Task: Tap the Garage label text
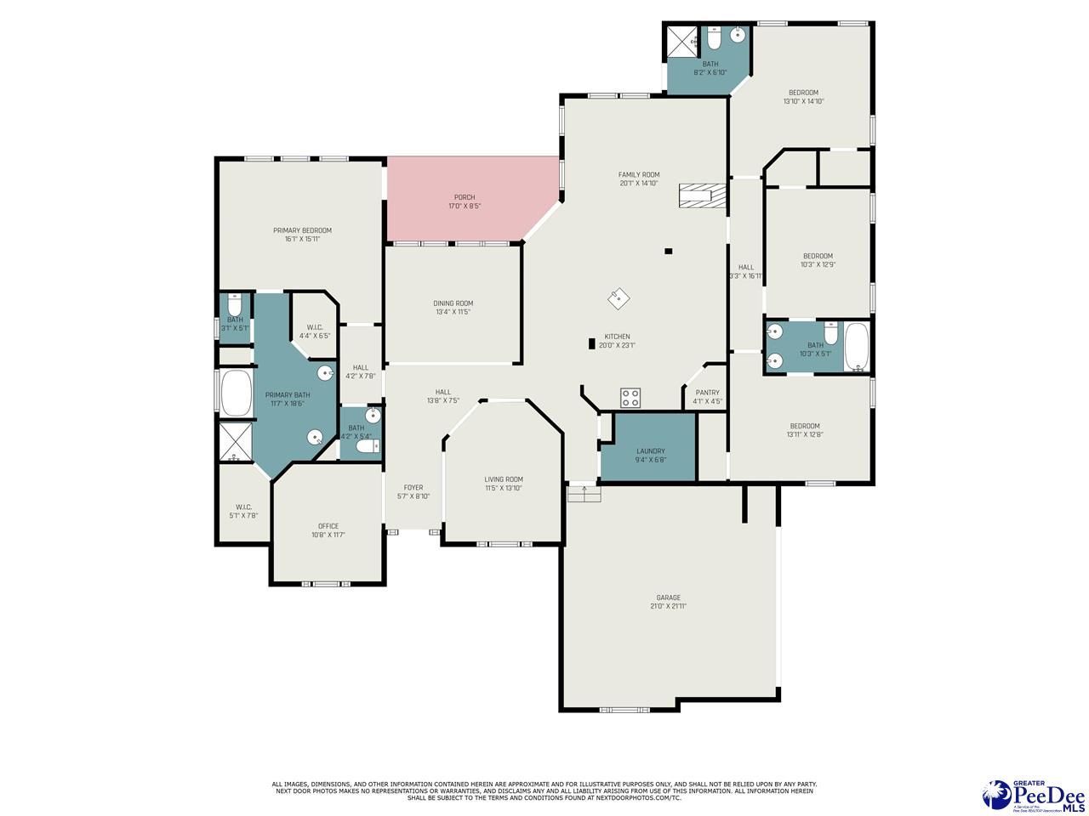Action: click(x=668, y=598)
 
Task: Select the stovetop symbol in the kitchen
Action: click(x=630, y=397)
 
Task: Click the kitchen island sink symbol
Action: click(x=619, y=299)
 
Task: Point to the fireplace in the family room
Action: click(x=703, y=195)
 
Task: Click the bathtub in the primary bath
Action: click(x=236, y=392)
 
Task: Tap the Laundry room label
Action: click(x=651, y=451)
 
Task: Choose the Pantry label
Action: click(x=707, y=393)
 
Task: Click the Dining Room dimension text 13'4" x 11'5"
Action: click(x=453, y=312)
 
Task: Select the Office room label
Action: click(x=328, y=526)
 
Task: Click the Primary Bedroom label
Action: click(x=302, y=230)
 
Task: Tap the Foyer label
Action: click(x=413, y=488)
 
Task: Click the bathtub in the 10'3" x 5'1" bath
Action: click(x=857, y=347)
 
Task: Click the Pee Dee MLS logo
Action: click(x=1033, y=796)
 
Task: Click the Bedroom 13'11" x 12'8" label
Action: click(x=804, y=426)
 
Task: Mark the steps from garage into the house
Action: click(x=584, y=492)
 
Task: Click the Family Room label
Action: click(x=639, y=174)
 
